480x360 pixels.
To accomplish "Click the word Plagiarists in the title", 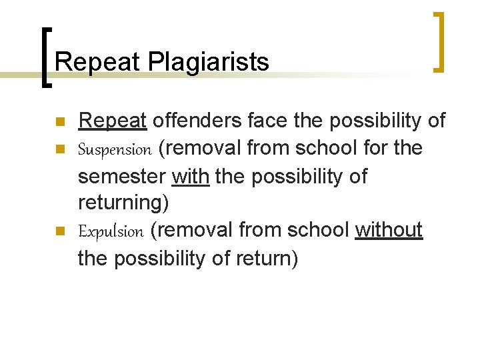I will pyautogui.click(x=209, y=62).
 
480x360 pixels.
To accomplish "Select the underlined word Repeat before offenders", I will pyautogui.click(x=112, y=121).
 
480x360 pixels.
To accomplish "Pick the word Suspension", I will pyautogui.click(x=115, y=149).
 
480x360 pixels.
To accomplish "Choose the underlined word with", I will pyautogui.click(x=191, y=177).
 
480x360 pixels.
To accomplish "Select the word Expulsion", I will pyautogui.click(x=111, y=231).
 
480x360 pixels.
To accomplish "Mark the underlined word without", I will pyautogui.click(x=389, y=230).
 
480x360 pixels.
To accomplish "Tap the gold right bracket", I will pyautogui.click(x=439, y=41).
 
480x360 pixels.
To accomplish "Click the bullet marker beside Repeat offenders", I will pyautogui.click(x=59, y=122).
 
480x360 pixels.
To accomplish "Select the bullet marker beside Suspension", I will pyautogui.click(x=59, y=149).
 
